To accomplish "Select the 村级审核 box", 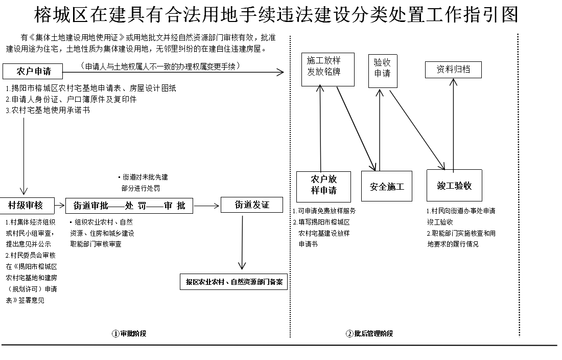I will (25, 206).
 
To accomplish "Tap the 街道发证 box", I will (252, 205).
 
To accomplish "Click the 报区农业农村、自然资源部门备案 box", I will (234, 282).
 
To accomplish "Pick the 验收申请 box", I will (382, 68).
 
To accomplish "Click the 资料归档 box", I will (453, 70).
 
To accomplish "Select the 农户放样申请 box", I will (324, 186).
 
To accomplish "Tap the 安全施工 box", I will (387, 186).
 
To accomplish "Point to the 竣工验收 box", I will (454, 186).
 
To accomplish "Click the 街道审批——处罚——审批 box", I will (129, 206).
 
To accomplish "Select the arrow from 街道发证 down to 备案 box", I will (242, 240).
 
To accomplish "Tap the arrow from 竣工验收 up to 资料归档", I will (453, 123).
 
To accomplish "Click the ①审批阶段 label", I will (129, 334).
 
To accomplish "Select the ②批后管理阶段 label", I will (369, 334).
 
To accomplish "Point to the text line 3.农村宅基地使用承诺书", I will (48, 110).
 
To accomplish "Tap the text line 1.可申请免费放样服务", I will (324, 211).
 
